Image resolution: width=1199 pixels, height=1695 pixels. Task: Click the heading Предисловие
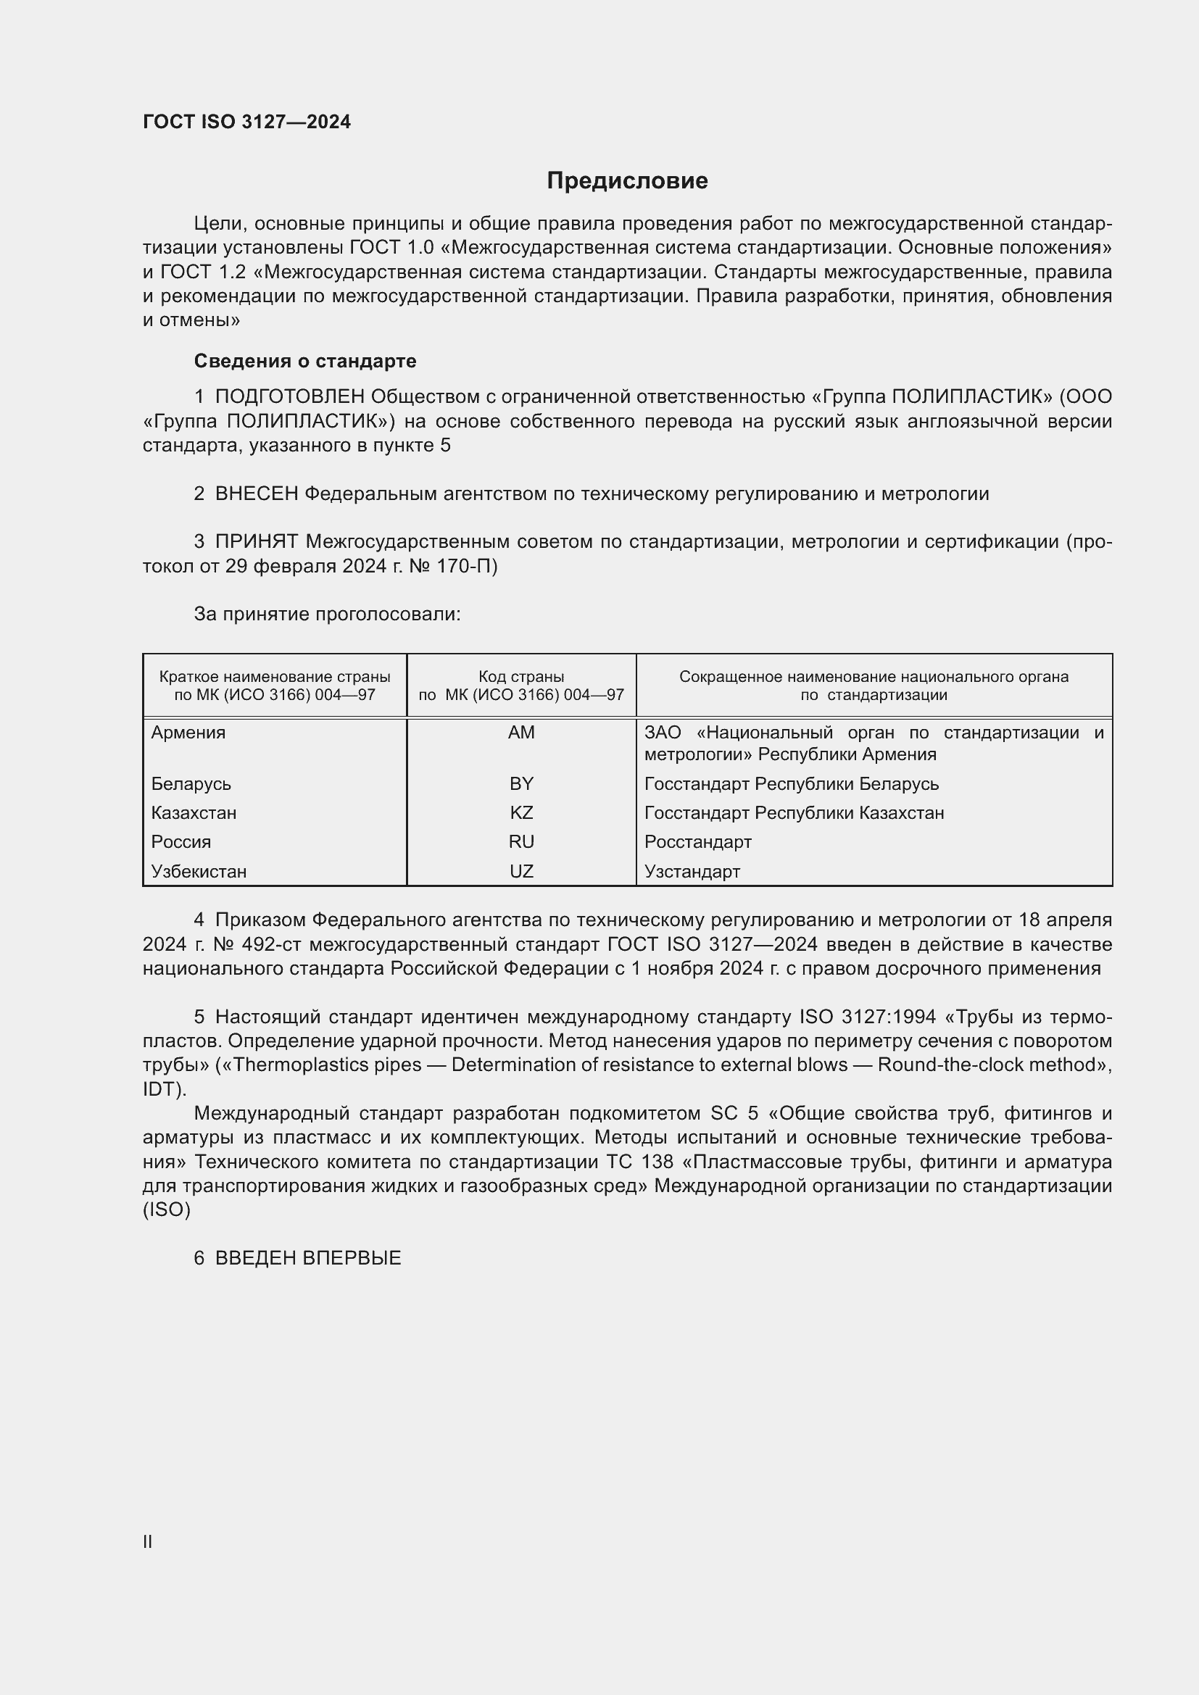(627, 181)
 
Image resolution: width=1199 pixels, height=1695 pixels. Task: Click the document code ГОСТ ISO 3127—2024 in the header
(246, 122)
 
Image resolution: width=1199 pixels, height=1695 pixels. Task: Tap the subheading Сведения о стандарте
(305, 361)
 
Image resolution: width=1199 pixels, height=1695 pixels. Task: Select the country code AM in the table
(521, 733)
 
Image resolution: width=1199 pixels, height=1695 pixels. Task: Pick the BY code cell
(521, 784)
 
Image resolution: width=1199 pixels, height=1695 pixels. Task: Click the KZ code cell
(521, 813)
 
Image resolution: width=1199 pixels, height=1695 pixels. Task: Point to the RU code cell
(521, 841)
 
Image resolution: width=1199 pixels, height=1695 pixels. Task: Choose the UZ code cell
(521, 871)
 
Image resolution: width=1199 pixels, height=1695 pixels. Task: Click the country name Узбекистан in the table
(199, 871)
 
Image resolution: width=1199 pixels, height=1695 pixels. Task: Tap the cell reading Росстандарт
(697, 841)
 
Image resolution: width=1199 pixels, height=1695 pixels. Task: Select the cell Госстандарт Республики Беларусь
(791, 784)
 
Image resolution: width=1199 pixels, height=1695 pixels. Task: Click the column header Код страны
(521, 677)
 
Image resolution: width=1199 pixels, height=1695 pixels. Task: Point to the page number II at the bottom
(148, 1541)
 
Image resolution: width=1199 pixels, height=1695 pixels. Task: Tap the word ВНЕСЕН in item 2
(256, 494)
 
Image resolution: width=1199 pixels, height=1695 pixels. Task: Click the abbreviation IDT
(161, 1089)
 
